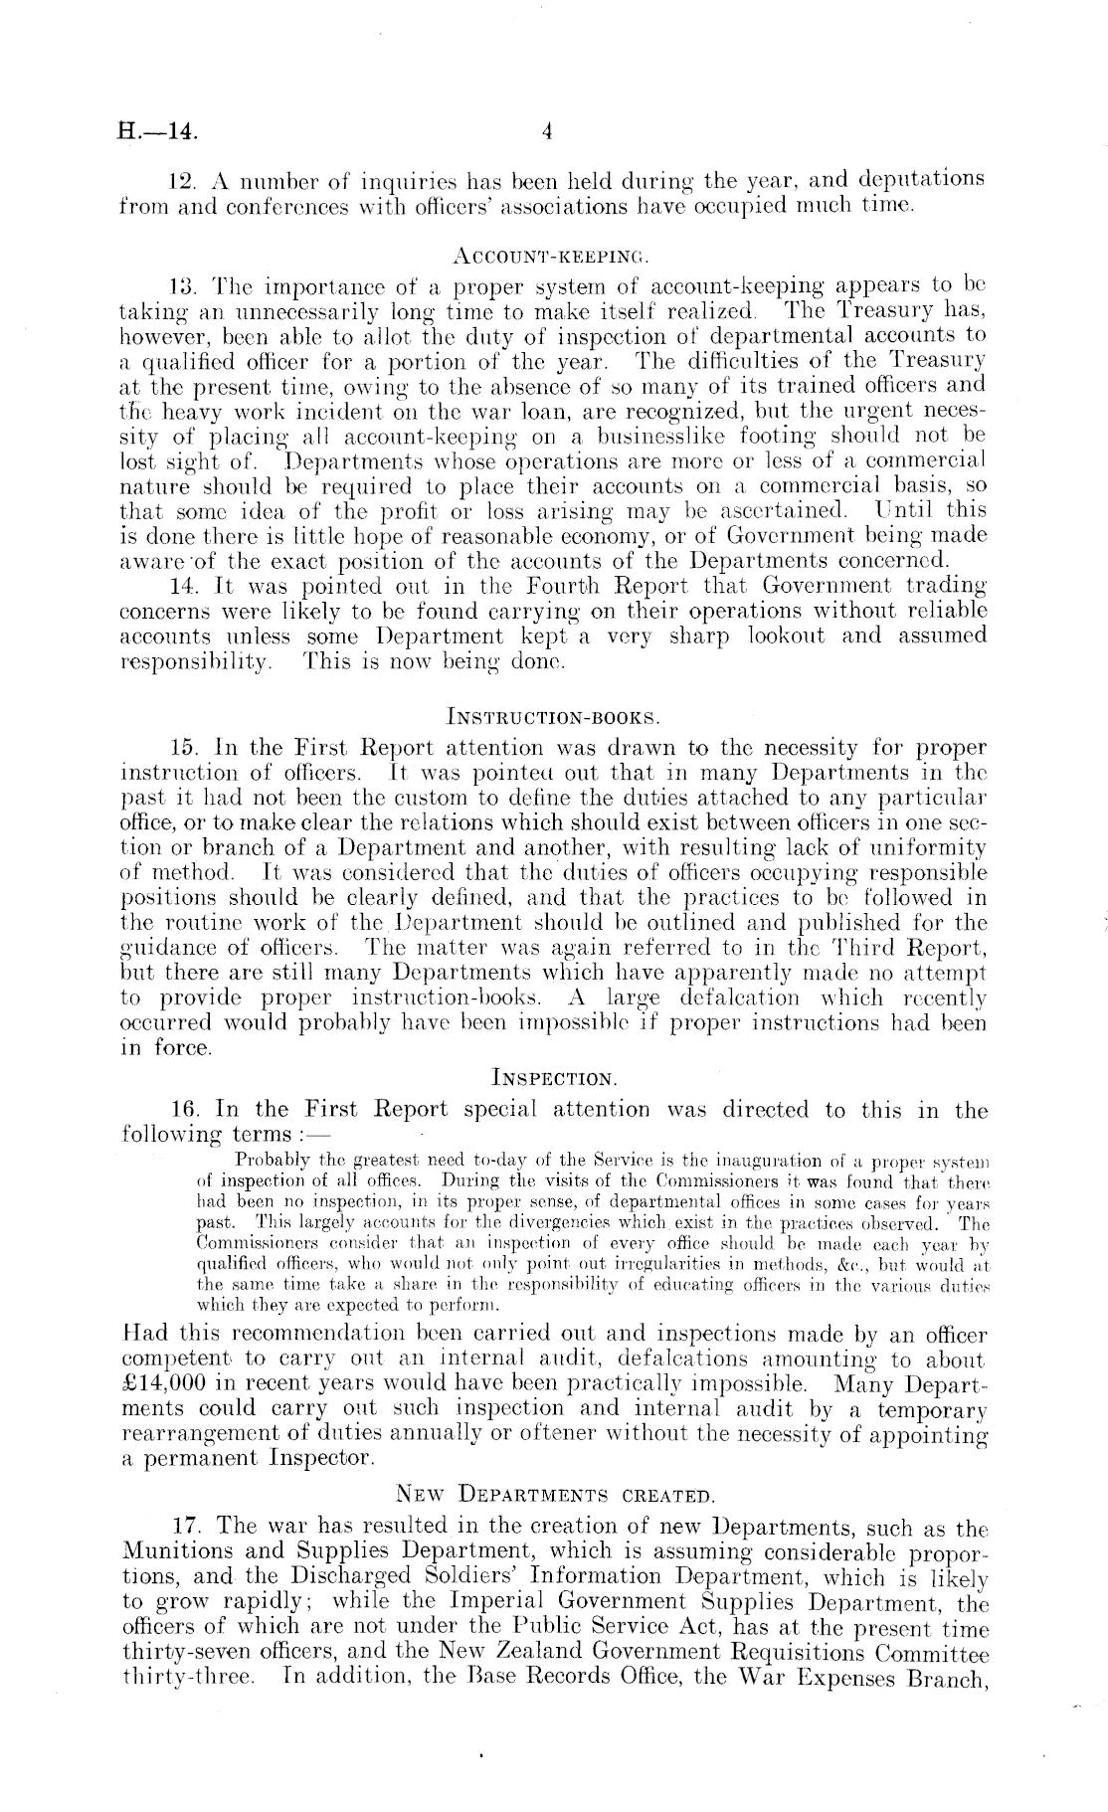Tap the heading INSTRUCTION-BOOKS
(x=552, y=715)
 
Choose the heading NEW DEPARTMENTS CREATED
(x=553, y=1490)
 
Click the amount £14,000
(x=167, y=1384)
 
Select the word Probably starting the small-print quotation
(x=270, y=1159)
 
